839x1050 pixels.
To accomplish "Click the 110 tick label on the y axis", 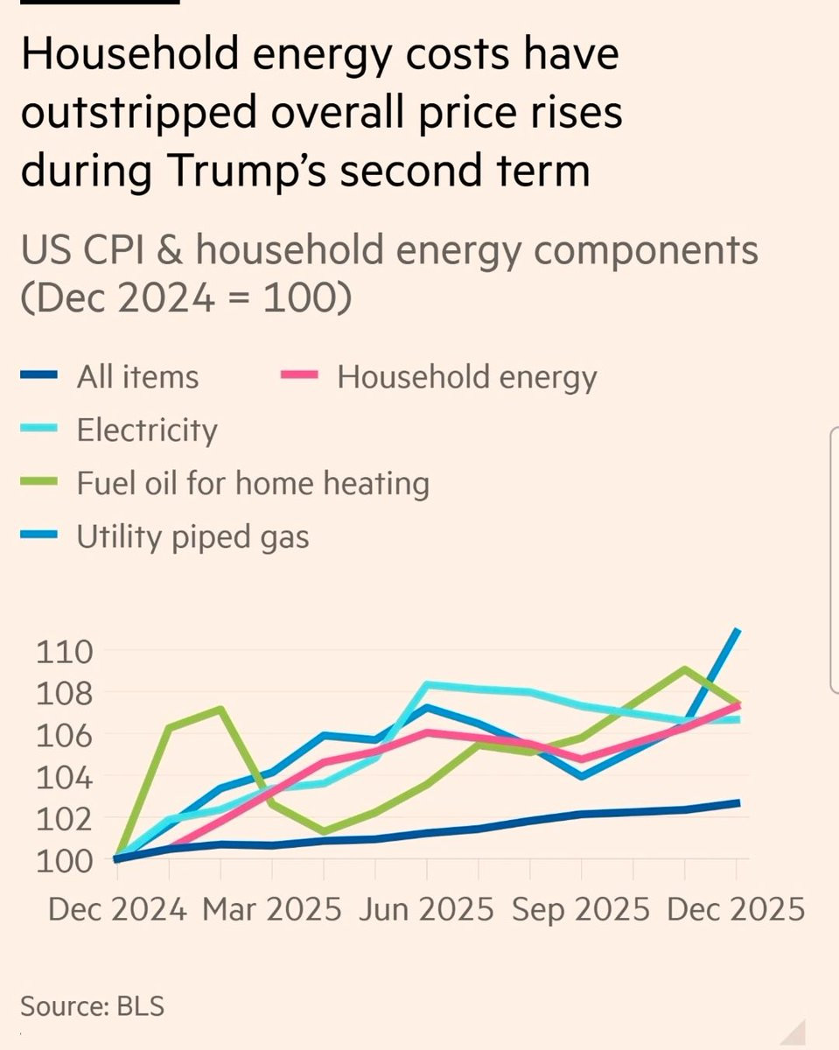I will tap(65, 652).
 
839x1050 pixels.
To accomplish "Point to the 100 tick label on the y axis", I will tap(65, 860).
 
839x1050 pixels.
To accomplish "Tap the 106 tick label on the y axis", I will tap(65, 735).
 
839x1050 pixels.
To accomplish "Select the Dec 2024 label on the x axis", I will tap(117, 910).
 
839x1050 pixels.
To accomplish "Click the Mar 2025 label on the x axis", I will tap(271, 910).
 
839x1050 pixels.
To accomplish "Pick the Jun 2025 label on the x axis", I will tap(426, 910).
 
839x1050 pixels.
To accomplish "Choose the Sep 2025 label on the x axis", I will tap(581, 910).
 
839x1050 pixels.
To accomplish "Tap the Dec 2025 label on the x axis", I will tap(735, 910).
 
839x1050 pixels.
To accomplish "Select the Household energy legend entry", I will tap(467, 377).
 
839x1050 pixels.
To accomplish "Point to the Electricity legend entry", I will tap(146, 430).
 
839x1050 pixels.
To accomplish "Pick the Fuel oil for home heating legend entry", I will tap(253, 484).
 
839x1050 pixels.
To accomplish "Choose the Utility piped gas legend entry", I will tap(192, 536).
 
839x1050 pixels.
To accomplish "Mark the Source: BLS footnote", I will tap(92, 1006).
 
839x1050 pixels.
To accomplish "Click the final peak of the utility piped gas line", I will tap(738, 631).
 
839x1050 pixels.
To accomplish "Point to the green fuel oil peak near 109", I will tap(685, 669).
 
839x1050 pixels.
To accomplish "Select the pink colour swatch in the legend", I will tap(297, 377).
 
